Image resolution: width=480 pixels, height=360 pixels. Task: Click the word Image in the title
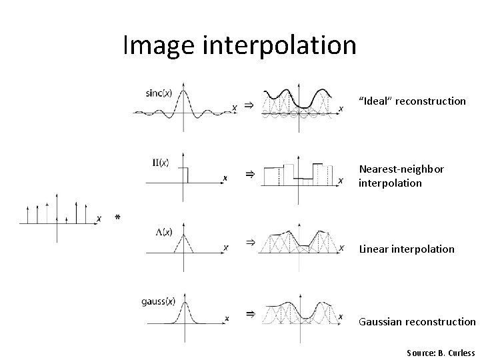(x=158, y=46)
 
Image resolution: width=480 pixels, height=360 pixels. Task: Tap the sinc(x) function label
(x=158, y=93)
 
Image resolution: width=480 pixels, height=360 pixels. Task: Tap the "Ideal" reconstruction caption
(x=412, y=101)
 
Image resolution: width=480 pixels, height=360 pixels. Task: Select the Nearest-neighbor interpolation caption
(x=401, y=176)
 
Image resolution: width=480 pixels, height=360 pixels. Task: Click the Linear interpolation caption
(x=407, y=249)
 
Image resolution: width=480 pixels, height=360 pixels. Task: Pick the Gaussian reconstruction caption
(x=417, y=321)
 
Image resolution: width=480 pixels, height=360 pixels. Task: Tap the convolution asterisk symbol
(x=117, y=218)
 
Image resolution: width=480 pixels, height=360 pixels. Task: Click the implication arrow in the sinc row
(x=247, y=105)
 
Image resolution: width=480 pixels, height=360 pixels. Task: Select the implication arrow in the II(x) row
(x=249, y=174)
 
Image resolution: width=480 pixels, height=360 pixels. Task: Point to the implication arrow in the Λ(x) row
(x=249, y=242)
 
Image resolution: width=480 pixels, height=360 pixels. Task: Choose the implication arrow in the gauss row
(x=249, y=313)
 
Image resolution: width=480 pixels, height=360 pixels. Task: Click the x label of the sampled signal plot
(x=98, y=219)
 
